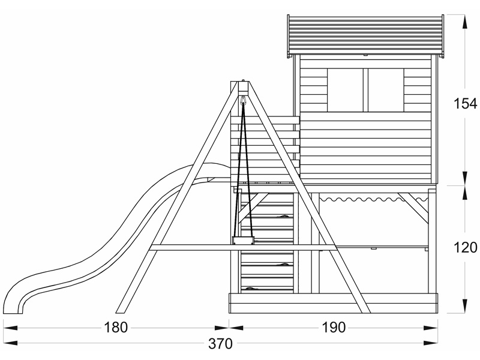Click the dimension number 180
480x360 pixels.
(115, 328)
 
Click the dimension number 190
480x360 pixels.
(334, 328)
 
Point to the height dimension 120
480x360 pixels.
(465, 247)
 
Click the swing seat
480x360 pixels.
(243, 241)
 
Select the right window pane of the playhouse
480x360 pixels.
(385, 90)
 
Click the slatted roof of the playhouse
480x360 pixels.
(367, 34)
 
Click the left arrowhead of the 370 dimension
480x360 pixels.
(7, 344)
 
